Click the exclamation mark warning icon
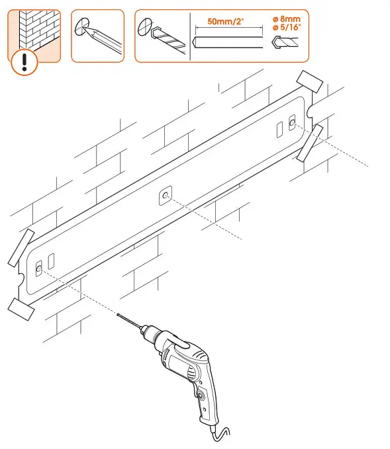coord(24,62)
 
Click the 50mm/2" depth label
coord(225,22)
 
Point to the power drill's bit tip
coord(119,316)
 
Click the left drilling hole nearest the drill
coord(38,267)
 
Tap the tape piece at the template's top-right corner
coord(308,82)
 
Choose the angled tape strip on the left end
coord(21,247)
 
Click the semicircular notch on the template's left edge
coord(23,279)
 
